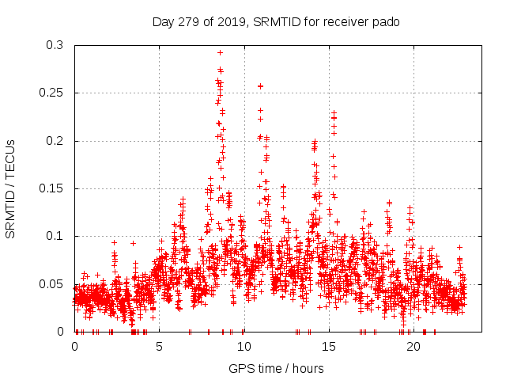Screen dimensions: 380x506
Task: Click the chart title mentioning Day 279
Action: (x=276, y=21)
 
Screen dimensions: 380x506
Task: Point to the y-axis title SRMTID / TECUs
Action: (x=11, y=189)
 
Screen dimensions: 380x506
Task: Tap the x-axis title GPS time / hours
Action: (x=276, y=368)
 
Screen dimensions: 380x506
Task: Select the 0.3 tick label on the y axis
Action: (x=55, y=46)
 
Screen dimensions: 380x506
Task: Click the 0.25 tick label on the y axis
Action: (x=52, y=93)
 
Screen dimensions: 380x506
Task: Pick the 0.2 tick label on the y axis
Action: (x=55, y=141)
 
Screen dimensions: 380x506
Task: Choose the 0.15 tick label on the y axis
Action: (x=52, y=188)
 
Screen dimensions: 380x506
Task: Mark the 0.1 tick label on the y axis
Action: (x=55, y=236)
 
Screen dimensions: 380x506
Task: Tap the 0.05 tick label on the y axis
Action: (x=52, y=283)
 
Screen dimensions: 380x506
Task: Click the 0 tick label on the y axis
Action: (x=62, y=331)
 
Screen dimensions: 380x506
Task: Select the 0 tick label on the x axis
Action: (x=75, y=347)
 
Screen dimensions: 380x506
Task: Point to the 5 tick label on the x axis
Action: (x=160, y=347)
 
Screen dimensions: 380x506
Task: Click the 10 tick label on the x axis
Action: (x=244, y=347)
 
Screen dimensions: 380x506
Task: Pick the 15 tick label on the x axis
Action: (x=328, y=347)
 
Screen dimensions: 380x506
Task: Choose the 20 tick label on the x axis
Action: (x=413, y=347)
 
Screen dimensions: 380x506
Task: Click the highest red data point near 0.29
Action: (x=220, y=52)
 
